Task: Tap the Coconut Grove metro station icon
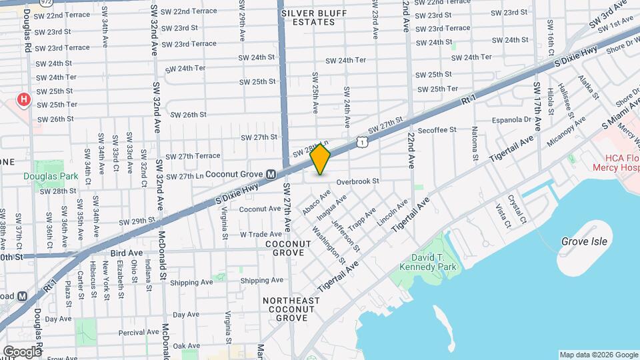pyautogui.click(x=271, y=175)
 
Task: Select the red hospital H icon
pyautogui.click(x=24, y=101)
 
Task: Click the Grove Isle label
pyautogui.click(x=584, y=241)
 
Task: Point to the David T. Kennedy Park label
pyautogui.click(x=427, y=261)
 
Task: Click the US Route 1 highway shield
pyautogui.click(x=361, y=141)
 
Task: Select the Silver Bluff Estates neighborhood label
pyautogui.click(x=307, y=17)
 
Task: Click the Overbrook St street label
pyautogui.click(x=357, y=181)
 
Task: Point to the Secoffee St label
pyautogui.click(x=437, y=130)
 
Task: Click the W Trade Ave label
pyautogui.click(x=261, y=234)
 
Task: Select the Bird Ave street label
pyautogui.click(x=127, y=253)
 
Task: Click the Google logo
pyautogui.click(x=22, y=351)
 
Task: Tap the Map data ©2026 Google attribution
pyautogui.click(x=598, y=355)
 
